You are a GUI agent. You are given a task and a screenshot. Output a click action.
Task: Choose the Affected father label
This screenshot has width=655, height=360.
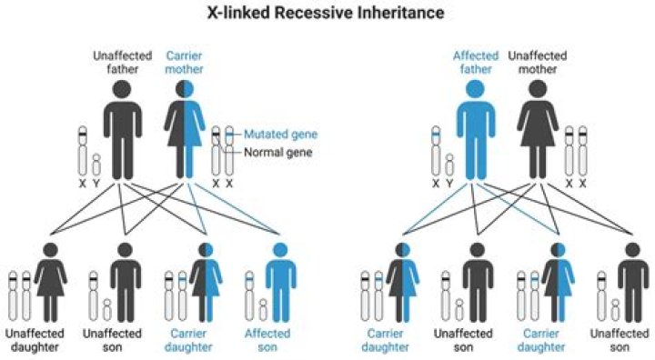click(475, 63)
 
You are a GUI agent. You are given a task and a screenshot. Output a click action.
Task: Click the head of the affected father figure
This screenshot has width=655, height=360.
click(475, 89)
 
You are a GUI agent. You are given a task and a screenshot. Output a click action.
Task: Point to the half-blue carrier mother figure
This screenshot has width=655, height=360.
click(186, 132)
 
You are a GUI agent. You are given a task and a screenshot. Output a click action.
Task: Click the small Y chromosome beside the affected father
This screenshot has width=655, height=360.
click(448, 165)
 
